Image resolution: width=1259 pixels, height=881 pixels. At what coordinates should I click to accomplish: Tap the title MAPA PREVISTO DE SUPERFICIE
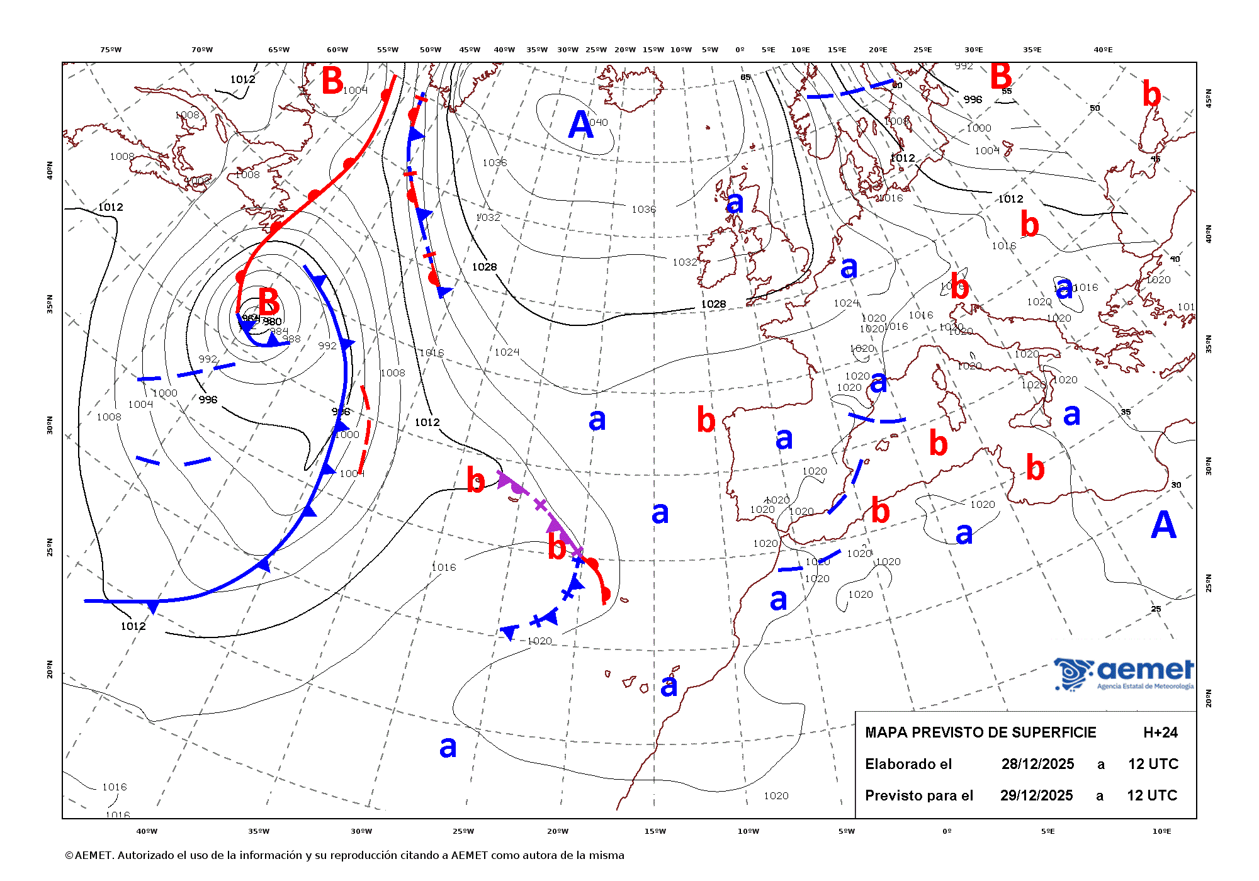coord(980,732)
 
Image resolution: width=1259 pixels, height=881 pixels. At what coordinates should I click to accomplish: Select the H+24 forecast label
coord(1160,732)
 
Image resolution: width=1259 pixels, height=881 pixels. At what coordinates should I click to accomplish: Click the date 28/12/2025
coord(1037,764)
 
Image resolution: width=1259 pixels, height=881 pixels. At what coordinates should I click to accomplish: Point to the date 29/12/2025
coord(1036,795)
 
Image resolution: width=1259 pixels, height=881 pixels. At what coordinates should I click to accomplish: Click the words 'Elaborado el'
coord(908,764)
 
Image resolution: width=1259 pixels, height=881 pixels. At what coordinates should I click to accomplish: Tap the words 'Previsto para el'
coord(918,795)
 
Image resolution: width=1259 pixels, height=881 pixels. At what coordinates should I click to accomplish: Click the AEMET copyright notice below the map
coord(344,855)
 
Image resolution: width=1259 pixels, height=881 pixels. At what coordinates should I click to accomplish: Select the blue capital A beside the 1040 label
coord(580,125)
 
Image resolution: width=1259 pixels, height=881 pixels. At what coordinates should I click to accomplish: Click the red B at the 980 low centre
coord(269,301)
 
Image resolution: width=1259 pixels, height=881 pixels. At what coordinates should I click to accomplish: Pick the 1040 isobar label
coord(599,122)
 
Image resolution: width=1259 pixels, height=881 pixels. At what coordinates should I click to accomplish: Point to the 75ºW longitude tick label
coord(111,50)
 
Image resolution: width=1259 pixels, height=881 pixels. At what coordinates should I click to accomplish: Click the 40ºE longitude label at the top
coord(1103,50)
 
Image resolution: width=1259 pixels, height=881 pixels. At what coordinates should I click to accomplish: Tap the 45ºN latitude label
coord(1207,98)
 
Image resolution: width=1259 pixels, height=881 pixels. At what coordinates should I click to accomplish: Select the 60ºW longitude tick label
coord(337,50)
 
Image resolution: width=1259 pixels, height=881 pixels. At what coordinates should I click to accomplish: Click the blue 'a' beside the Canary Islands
coord(669,685)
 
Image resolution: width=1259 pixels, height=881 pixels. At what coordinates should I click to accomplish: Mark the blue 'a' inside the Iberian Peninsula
coord(784,439)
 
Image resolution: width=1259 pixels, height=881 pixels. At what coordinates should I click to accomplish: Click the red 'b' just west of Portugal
coord(706,420)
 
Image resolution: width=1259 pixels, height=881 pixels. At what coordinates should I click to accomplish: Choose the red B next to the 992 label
coord(1001,77)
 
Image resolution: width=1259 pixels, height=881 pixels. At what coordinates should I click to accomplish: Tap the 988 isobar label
coord(291,339)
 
